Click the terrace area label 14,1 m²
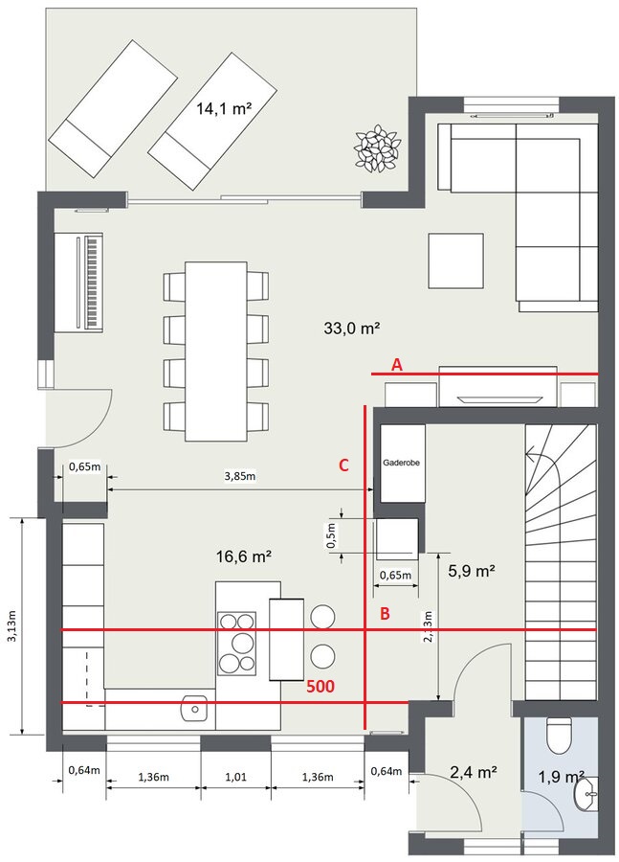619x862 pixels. coord(224,108)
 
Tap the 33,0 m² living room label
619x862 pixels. coord(352,329)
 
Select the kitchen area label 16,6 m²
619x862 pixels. coord(244,556)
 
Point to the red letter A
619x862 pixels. coord(396,364)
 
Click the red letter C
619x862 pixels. coord(343,465)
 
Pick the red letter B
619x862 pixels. coord(385,614)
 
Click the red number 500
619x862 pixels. coord(321,686)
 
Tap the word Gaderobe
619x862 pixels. coord(402,463)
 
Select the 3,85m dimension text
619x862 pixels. coord(239,476)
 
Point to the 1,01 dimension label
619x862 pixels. coord(235,778)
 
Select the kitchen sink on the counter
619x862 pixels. coord(194,708)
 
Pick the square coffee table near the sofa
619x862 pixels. coord(455,261)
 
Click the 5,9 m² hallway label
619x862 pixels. coord(472,571)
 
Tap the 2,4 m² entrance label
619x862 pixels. coord(474,772)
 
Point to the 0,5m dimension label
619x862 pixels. coord(332,535)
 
